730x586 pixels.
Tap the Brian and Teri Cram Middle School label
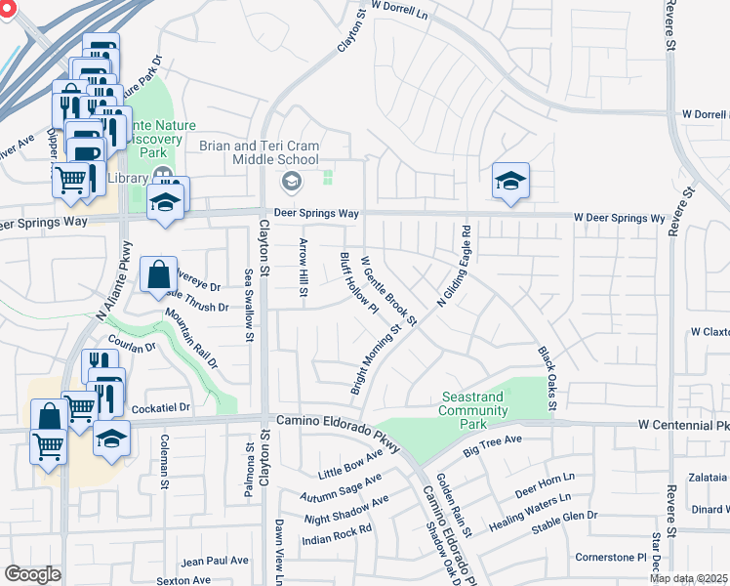pos(259,152)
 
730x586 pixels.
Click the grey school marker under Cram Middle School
pos(291,181)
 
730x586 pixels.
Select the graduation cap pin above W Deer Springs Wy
pos(510,182)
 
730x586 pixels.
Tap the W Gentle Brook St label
pos(388,291)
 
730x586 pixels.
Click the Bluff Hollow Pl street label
pos(358,284)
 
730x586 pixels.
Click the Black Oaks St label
pos(546,377)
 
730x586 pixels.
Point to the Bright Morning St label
pos(376,360)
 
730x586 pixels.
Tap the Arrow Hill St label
pos(304,270)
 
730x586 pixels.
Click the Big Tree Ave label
pos(494,445)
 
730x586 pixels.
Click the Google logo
pos(32,574)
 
